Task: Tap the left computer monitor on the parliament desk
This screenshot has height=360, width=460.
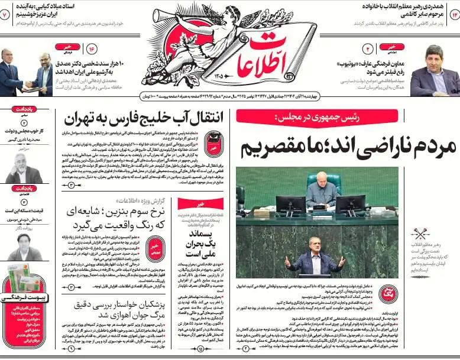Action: (291, 205)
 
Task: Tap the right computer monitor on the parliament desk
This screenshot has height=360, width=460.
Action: (350, 205)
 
